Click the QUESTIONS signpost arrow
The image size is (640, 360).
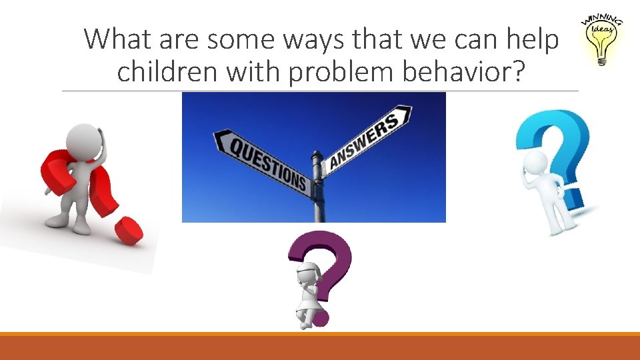[x=263, y=159]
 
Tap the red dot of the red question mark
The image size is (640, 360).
[x=128, y=231]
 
